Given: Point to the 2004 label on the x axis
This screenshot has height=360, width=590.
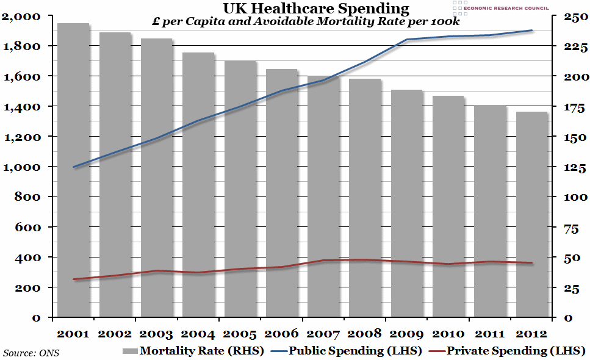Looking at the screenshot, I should [198, 334].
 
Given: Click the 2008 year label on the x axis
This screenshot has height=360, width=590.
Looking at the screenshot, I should [365, 334].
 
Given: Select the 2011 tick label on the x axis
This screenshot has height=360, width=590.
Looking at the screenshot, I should [490, 334].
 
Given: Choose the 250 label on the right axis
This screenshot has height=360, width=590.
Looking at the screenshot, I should [568, 16].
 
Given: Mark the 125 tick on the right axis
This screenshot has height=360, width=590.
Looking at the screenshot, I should [568, 167].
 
